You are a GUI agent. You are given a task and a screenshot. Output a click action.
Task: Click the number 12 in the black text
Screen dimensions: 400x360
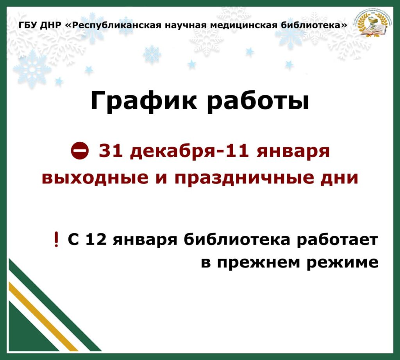(x=96, y=239)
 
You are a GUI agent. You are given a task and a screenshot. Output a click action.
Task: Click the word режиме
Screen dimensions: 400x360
(x=342, y=263)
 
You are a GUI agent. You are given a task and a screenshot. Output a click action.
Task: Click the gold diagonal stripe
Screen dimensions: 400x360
(x=43, y=316)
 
